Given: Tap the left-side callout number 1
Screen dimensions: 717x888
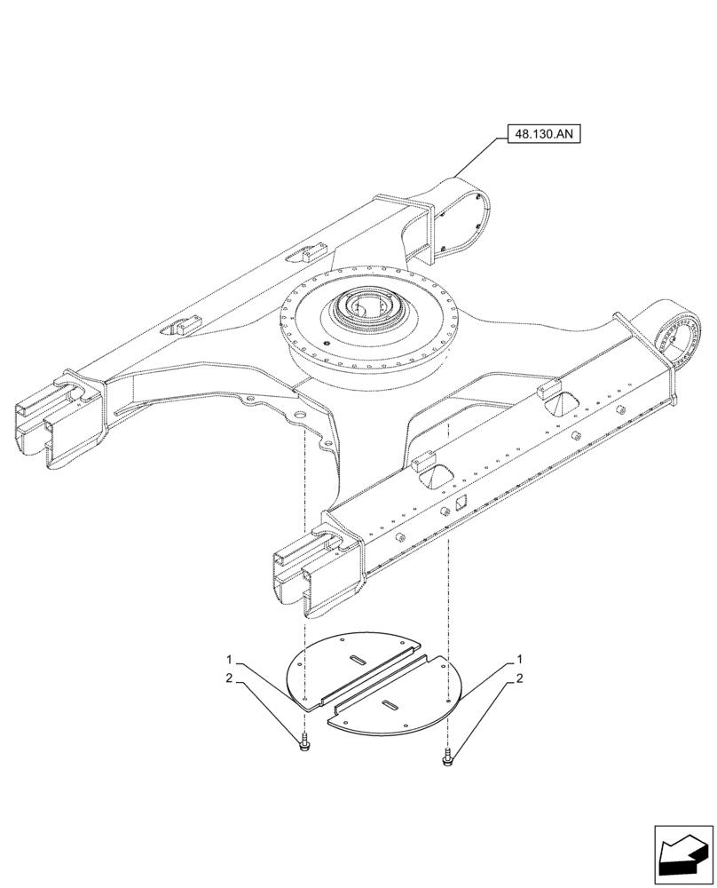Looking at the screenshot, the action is (x=229, y=661).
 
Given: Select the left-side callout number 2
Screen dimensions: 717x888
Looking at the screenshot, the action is (x=229, y=678).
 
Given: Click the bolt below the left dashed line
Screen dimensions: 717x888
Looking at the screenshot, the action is (x=304, y=744).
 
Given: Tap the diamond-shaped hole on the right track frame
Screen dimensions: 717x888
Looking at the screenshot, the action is (x=461, y=503).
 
